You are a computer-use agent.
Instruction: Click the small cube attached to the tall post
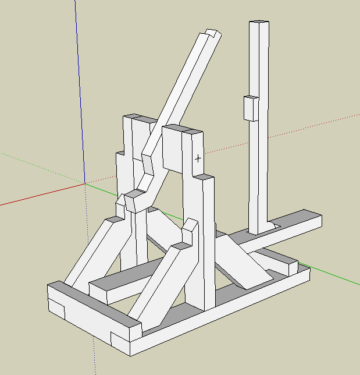(251, 108)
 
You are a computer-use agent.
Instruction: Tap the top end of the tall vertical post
(259, 24)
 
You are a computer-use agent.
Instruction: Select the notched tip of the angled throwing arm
(211, 34)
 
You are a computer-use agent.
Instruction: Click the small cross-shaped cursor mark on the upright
(198, 157)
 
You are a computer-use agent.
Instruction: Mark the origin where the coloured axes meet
(85, 183)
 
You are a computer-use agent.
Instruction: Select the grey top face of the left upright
(139, 119)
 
